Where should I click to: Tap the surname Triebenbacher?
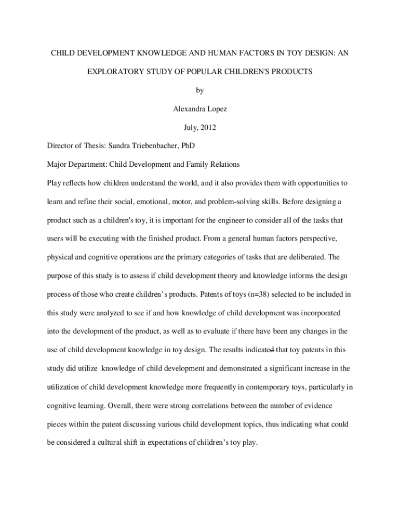[157, 146]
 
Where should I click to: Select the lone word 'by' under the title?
[200, 90]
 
